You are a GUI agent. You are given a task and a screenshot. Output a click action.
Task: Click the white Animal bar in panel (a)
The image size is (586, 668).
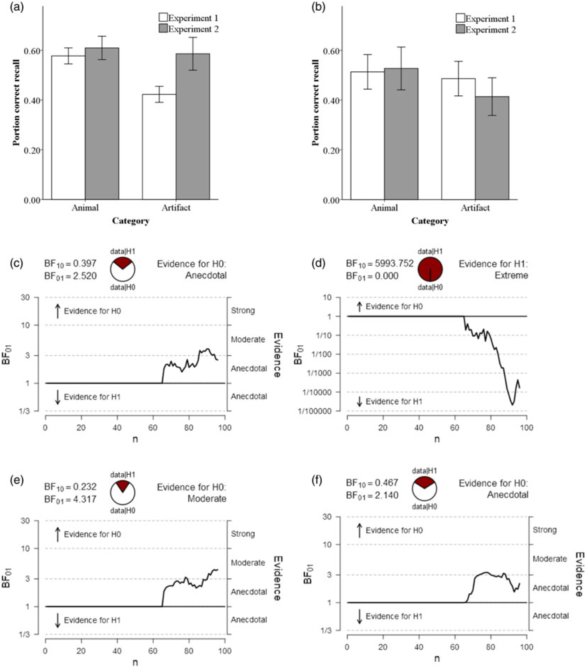[x=68, y=127]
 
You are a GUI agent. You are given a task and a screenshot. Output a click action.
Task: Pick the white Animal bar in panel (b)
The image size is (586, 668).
[x=367, y=136]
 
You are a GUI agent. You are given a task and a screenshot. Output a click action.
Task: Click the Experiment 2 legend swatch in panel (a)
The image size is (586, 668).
[x=163, y=29]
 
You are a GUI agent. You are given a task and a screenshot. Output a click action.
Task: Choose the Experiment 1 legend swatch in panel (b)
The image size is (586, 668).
[x=460, y=18]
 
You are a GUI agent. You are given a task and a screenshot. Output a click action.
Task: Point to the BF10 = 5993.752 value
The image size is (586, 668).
[x=380, y=264]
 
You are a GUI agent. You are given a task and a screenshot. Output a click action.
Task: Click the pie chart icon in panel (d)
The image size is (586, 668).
[x=430, y=269]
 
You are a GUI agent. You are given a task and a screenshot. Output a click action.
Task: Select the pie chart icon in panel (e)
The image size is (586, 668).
[x=122, y=492]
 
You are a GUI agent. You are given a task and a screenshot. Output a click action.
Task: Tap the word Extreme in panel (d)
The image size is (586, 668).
[x=511, y=276]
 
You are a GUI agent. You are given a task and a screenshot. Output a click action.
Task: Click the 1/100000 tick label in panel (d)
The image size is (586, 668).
[x=315, y=411]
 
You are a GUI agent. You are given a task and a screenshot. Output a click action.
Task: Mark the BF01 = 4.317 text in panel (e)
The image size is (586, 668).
[x=70, y=499]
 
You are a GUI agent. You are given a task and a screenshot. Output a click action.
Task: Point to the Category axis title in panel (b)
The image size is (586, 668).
[x=430, y=221]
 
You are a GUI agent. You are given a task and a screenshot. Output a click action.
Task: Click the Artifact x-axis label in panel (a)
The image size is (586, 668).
[x=176, y=208]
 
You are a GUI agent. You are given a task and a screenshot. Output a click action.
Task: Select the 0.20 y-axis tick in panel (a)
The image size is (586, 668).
[x=32, y=150]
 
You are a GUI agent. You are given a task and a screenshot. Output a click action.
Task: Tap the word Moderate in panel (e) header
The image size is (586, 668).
[x=207, y=499]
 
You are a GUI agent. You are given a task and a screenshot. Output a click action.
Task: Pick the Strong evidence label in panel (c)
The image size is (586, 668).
[x=243, y=311]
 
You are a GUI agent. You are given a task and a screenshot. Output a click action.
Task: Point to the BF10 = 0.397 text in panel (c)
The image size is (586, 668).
[x=70, y=264]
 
